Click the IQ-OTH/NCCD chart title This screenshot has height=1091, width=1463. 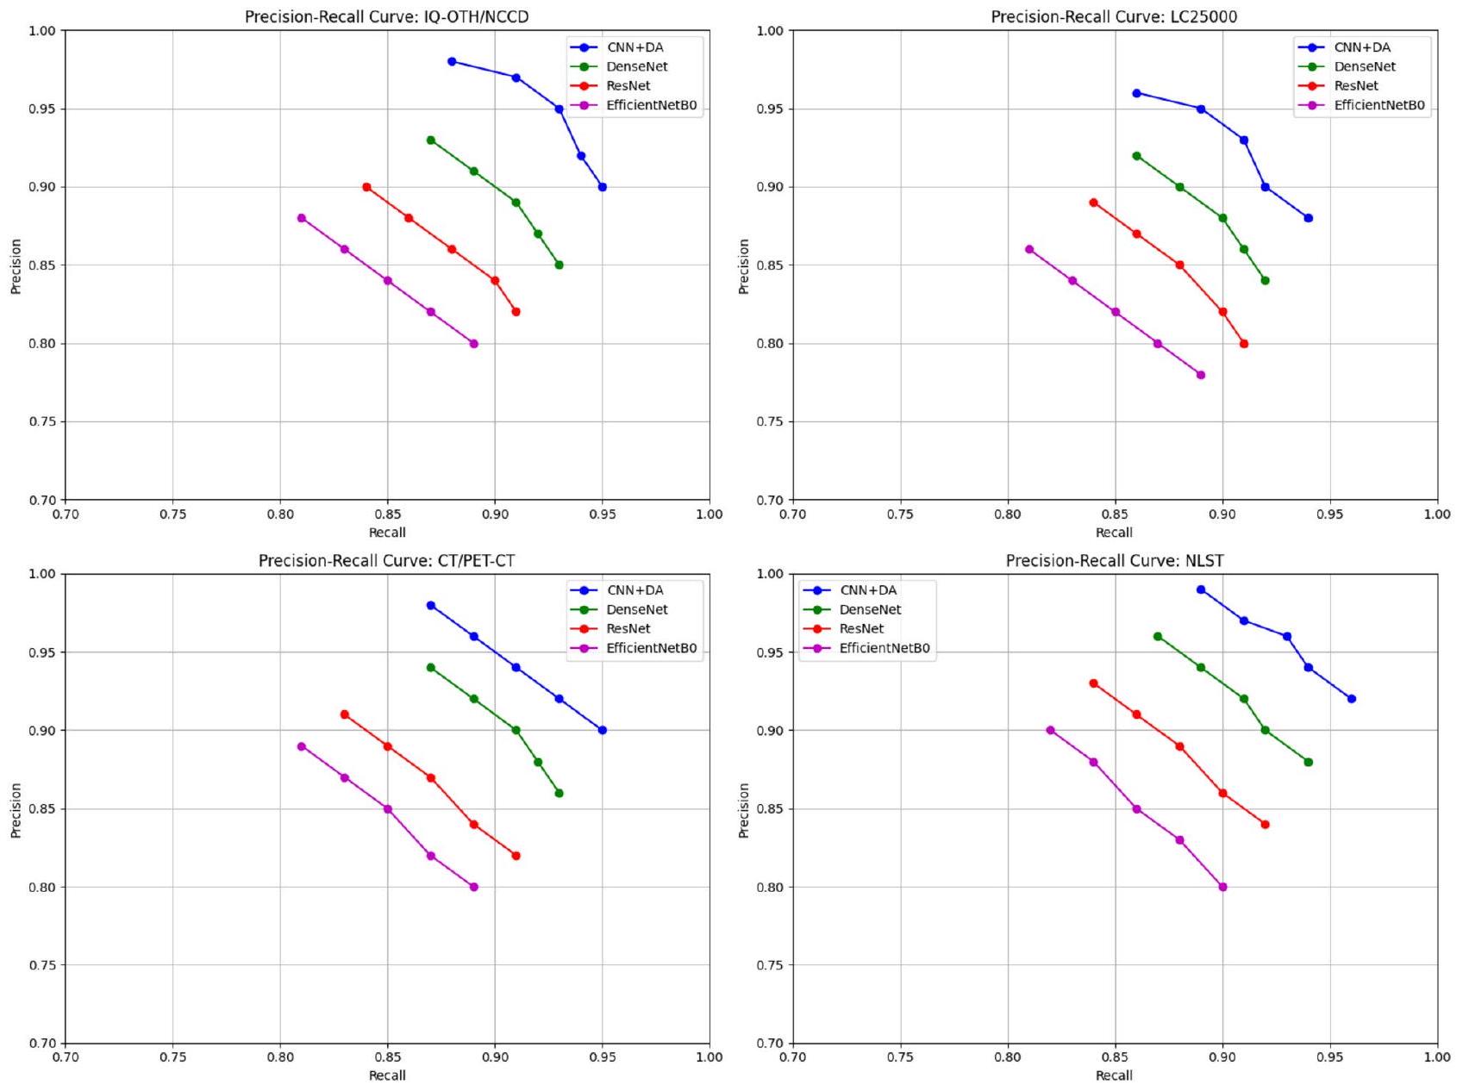[386, 17]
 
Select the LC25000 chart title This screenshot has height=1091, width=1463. [1114, 17]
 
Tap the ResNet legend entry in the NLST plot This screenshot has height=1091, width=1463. [860, 629]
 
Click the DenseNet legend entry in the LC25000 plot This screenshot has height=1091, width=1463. [1364, 66]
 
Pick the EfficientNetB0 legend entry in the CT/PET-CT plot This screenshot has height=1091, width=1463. [651, 648]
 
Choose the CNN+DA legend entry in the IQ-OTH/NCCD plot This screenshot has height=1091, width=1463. [635, 47]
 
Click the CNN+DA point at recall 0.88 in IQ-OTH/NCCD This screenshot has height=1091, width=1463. [452, 61]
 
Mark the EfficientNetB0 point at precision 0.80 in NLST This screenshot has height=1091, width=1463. [1222, 887]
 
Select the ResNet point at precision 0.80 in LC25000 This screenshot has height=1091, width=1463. [1244, 344]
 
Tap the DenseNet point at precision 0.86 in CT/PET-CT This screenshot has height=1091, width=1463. [559, 793]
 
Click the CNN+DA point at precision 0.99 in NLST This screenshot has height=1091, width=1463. [1201, 589]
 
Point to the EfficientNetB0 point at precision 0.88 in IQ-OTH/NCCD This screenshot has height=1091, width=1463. [302, 218]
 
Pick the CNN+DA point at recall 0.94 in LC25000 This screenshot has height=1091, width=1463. [1308, 218]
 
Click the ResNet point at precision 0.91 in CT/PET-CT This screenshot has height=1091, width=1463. [345, 714]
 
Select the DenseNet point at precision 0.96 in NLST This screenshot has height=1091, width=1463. [1158, 636]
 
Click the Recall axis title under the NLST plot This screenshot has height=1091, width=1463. [1114, 1075]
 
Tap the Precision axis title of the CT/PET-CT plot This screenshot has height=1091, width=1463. [16, 810]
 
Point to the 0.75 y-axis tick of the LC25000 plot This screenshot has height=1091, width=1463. [770, 421]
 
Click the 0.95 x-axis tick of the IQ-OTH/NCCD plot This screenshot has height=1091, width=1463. [602, 514]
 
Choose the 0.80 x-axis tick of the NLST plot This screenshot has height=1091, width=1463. [1007, 1057]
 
